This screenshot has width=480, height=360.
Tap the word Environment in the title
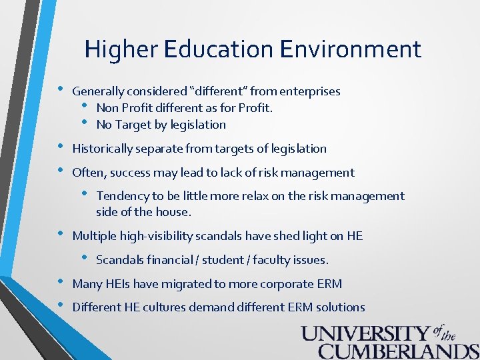[x=351, y=49]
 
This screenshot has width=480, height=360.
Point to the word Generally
[x=98, y=91]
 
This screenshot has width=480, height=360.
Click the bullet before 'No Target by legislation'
[x=85, y=122]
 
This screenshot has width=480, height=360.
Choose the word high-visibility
[x=159, y=236]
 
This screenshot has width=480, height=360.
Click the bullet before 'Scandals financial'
[x=85, y=257]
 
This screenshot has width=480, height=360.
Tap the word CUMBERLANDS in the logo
[x=399, y=351]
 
